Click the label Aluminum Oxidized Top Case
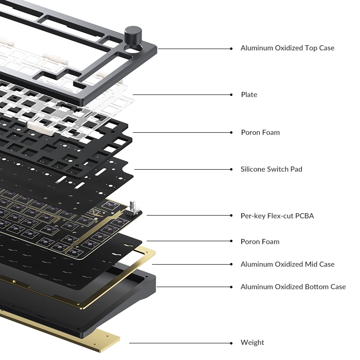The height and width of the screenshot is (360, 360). (287, 48)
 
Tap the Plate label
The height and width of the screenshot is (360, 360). (249, 94)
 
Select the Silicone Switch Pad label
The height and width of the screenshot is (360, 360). (271, 169)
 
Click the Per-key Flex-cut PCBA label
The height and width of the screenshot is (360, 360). (277, 216)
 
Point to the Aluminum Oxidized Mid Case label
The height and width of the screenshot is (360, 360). (288, 264)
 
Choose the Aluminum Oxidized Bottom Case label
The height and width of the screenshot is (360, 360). (293, 287)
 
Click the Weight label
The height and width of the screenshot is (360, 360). (252, 342)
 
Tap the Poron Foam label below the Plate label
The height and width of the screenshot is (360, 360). (261, 132)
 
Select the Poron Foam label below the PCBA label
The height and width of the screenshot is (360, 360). (260, 242)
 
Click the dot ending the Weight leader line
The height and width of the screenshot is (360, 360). (231, 343)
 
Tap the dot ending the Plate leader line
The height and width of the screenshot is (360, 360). (231, 94)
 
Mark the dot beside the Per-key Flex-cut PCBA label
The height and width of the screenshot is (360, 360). (231, 216)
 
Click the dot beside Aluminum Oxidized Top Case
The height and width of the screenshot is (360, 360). (231, 49)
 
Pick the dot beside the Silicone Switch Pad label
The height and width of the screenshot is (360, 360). (231, 170)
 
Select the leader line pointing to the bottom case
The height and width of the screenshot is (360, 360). (194, 287)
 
